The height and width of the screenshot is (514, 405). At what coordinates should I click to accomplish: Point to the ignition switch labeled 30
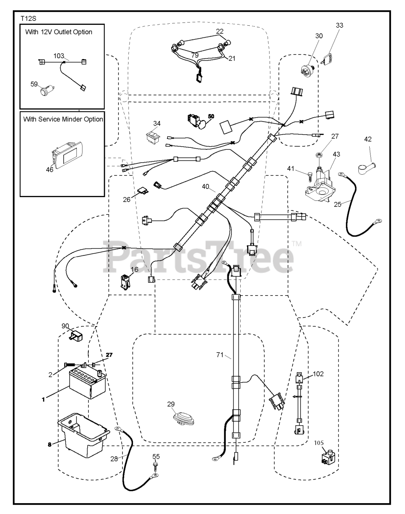(x=308, y=69)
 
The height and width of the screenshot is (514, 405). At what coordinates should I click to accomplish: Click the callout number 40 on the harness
(x=206, y=187)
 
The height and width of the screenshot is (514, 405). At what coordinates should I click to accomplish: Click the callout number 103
(x=59, y=56)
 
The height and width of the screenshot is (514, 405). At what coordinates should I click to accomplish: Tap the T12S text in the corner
(x=29, y=18)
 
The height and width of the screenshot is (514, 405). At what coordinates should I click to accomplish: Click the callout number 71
(x=220, y=355)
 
